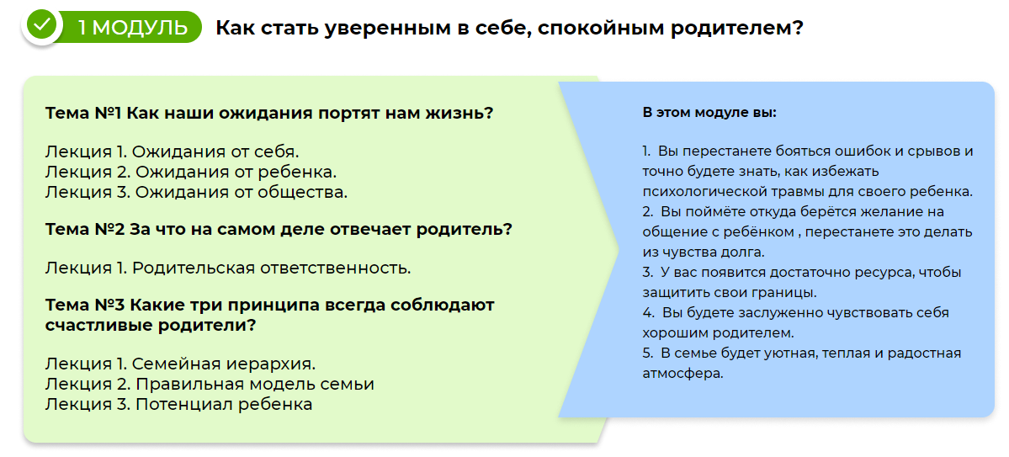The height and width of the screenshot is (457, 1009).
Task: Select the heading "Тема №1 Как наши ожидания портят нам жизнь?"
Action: [x=269, y=114]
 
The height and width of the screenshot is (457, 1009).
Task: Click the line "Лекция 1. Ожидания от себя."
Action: [x=173, y=152]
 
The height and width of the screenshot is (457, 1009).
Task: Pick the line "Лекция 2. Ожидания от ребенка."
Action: [x=191, y=172]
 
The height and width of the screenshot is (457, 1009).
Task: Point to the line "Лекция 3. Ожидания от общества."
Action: [x=196, y=192]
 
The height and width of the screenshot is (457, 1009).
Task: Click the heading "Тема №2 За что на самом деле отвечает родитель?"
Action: [x=279, y=229]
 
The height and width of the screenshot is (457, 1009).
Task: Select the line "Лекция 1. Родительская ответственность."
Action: [x=228, y=268]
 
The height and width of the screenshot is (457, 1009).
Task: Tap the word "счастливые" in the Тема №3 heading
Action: [x=98, y=325]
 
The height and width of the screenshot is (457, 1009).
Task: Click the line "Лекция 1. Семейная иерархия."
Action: [x=180, y=364]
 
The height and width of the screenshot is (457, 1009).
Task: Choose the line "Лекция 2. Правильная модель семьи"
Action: [x=210, y=385]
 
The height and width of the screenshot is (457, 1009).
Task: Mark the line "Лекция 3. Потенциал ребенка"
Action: [x=179, y=404]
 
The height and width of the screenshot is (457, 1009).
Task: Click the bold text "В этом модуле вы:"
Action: [x=709, y=113]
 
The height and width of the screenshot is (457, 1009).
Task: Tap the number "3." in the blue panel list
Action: [x=648, y=273]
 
